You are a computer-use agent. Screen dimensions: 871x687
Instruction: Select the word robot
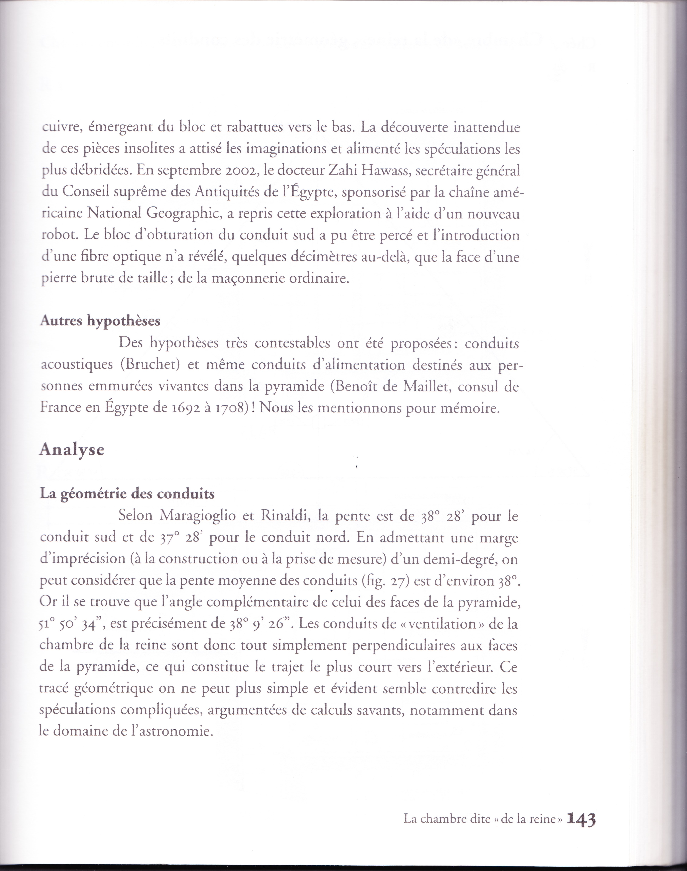click(x=59, y=235)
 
